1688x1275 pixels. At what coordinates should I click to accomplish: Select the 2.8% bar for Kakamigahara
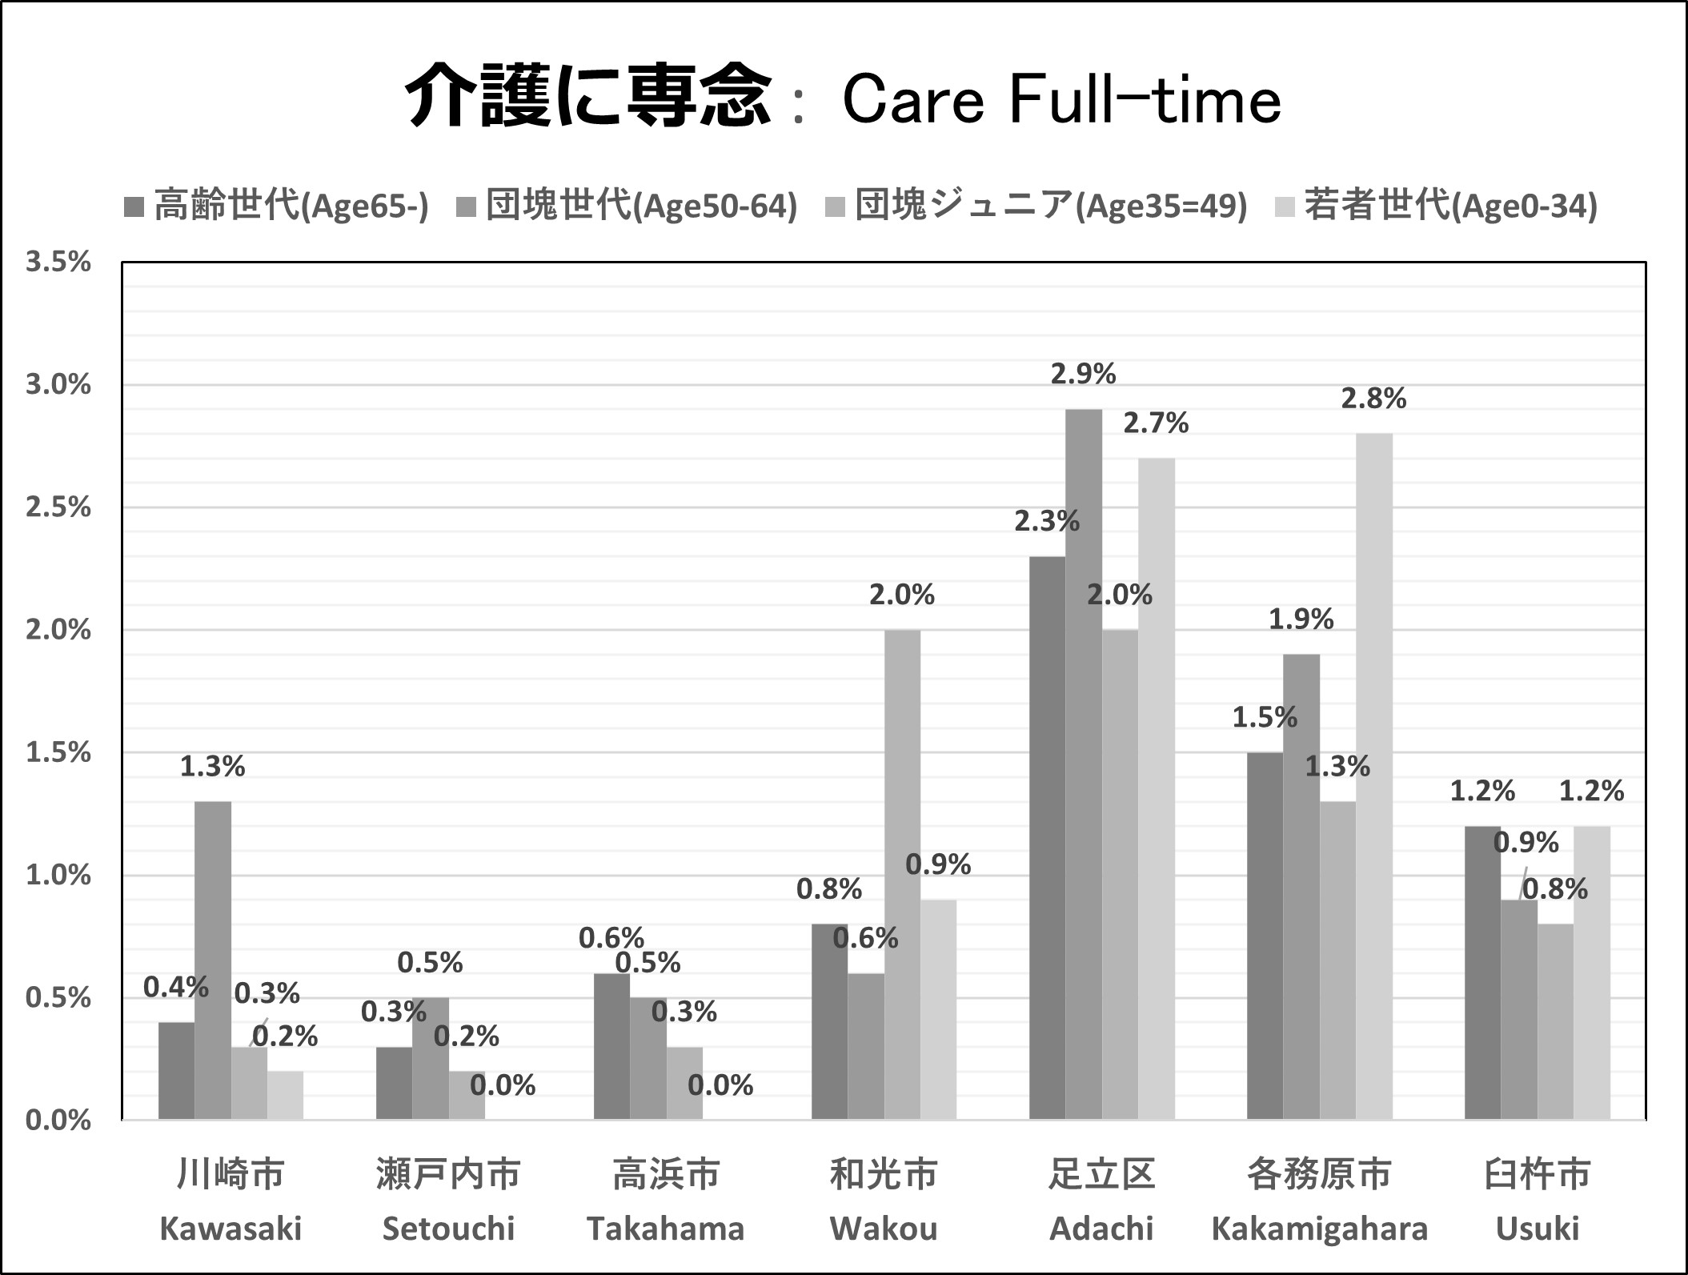pos(1374,776)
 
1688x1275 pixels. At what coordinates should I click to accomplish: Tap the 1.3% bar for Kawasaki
pos(213,960)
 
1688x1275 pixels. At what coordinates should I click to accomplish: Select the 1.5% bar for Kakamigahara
pos(1265,936)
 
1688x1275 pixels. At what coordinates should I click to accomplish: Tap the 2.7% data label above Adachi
pos(1156,423)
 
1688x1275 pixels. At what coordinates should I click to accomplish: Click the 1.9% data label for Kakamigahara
pos(1301,619)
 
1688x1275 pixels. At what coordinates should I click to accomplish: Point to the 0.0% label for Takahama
pos(720,1085)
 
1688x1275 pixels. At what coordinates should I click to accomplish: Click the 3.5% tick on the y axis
pos(58,263)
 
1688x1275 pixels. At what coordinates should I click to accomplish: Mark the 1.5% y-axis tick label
pos(58,753)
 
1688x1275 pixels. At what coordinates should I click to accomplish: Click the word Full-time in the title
pos(1145,102)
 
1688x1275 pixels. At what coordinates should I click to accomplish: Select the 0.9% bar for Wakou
pos(938,1009)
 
